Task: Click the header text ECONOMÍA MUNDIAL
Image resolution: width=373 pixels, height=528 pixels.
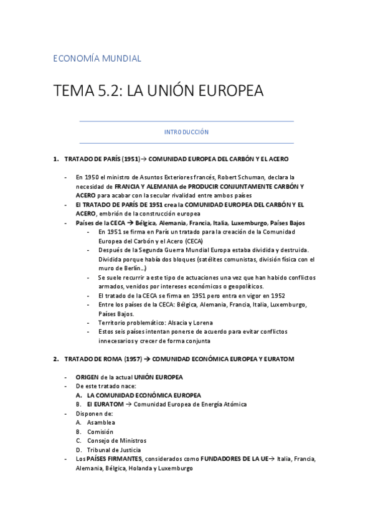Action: coord(97,59)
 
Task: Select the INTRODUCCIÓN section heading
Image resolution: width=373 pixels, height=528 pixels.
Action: coord(186,132)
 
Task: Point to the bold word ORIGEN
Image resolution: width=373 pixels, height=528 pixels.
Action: coord(87,377)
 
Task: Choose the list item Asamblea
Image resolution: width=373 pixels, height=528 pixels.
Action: coord(101,422)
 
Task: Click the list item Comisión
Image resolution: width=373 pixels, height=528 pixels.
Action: coord(100,431)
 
